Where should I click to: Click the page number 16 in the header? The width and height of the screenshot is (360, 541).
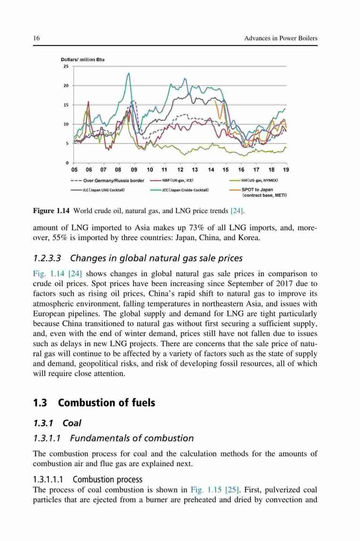coord(36,38)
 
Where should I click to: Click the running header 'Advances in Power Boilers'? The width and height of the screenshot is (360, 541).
coord(281,38)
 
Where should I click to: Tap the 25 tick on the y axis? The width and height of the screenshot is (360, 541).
coord(66,66)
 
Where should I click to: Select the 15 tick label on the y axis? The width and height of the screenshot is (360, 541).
coord(66,104)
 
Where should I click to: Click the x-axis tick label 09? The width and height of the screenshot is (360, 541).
coord(134,169)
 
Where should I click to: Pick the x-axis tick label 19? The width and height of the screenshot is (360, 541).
coord(286,169)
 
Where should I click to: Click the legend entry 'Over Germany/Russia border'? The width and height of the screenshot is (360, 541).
coord(107,181)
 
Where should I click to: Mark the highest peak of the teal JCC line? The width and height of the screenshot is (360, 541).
coord(129,73)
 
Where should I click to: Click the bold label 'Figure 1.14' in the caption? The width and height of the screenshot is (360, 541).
coord(52,210)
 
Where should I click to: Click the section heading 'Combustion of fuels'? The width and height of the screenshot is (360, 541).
coord(106,403)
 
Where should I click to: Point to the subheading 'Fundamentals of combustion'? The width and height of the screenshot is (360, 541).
coord(132,438)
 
